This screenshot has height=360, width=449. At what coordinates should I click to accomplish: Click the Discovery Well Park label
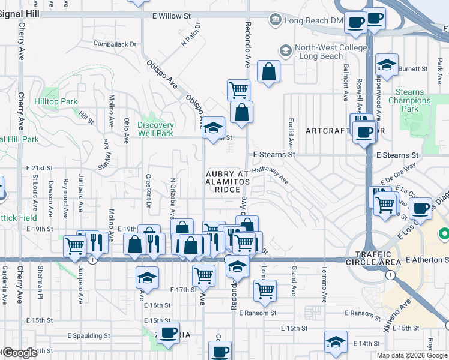click(155, 129)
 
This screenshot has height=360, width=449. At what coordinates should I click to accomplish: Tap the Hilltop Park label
click(59, 102)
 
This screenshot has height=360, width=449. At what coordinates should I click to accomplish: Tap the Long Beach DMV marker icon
click(275, 20)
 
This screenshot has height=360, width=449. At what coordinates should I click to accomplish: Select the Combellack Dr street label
click(115, 44)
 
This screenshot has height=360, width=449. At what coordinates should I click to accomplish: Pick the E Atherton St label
click(426, 260)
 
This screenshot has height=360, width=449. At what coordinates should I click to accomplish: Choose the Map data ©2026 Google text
click(412, 355)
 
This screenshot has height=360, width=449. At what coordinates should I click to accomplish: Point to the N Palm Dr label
click(191, 37)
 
